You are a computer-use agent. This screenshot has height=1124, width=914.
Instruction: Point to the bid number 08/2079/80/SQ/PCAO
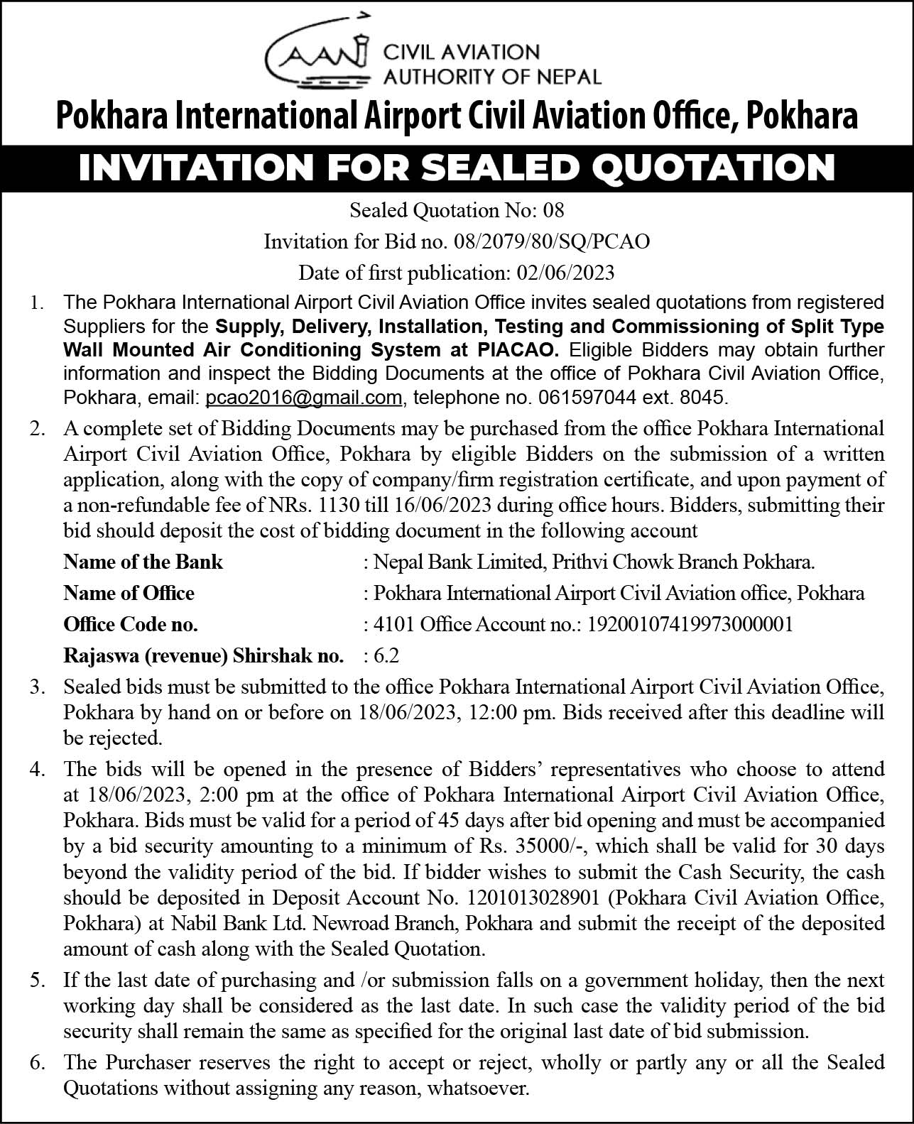pyautogui.click(x=550, y=242)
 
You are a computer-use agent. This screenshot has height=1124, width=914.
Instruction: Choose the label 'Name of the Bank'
pyautogui.click(x=143, y=562)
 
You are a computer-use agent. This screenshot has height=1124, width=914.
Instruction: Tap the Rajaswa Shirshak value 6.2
pyautogui.click(x=391, y=655)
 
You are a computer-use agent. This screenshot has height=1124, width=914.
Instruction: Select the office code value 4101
pyautogui.click(x=394, y=625)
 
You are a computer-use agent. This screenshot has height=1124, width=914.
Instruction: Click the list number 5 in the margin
pyautogui.click(x=38, y=981)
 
